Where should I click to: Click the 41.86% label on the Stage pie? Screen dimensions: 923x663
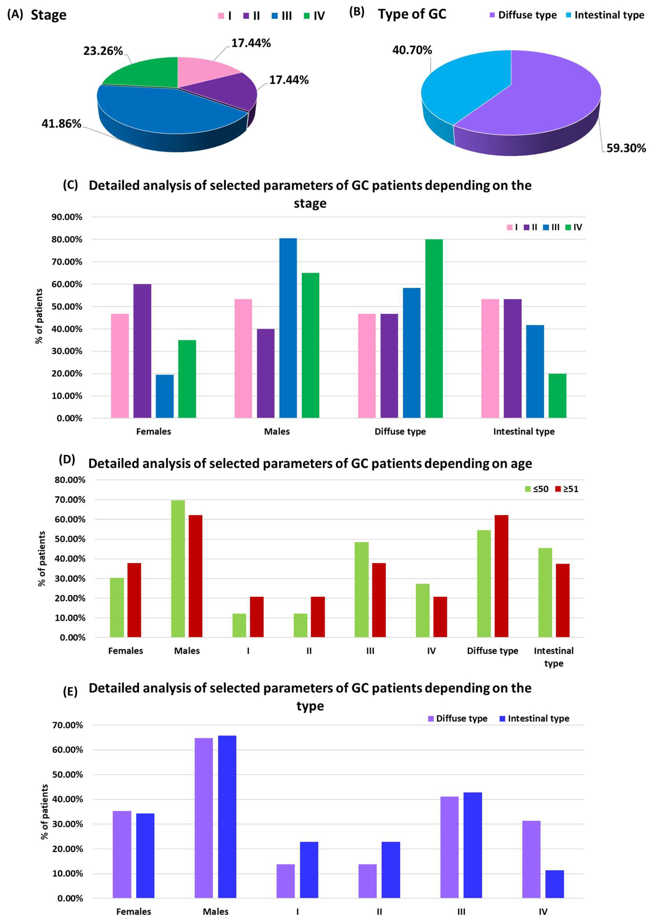[x=61, y=124]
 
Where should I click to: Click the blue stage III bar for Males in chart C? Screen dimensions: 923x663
[x=288, y=328]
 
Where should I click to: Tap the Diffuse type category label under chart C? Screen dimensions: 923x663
[x=400, y=431]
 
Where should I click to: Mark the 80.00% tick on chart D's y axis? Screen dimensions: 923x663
[x=70, y=480]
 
